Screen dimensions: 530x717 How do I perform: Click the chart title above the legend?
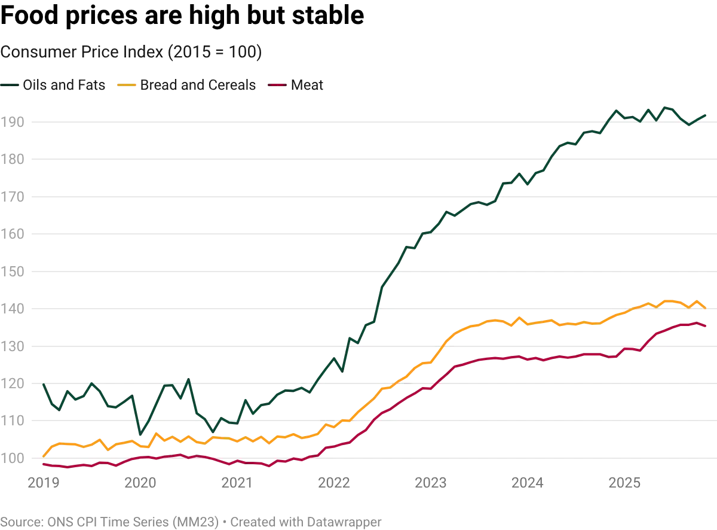131,53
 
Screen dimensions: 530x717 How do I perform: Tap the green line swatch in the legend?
12,85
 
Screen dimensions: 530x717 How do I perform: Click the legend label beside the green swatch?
64,85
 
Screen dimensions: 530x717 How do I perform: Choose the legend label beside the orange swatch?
198,85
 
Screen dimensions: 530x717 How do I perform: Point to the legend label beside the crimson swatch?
308,85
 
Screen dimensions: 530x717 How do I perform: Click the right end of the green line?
707,112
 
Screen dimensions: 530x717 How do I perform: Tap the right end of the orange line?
707,308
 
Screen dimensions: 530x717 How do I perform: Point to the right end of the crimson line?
706,327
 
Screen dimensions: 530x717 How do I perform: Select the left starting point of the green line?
44,385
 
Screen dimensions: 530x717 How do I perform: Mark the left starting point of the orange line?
44,456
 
